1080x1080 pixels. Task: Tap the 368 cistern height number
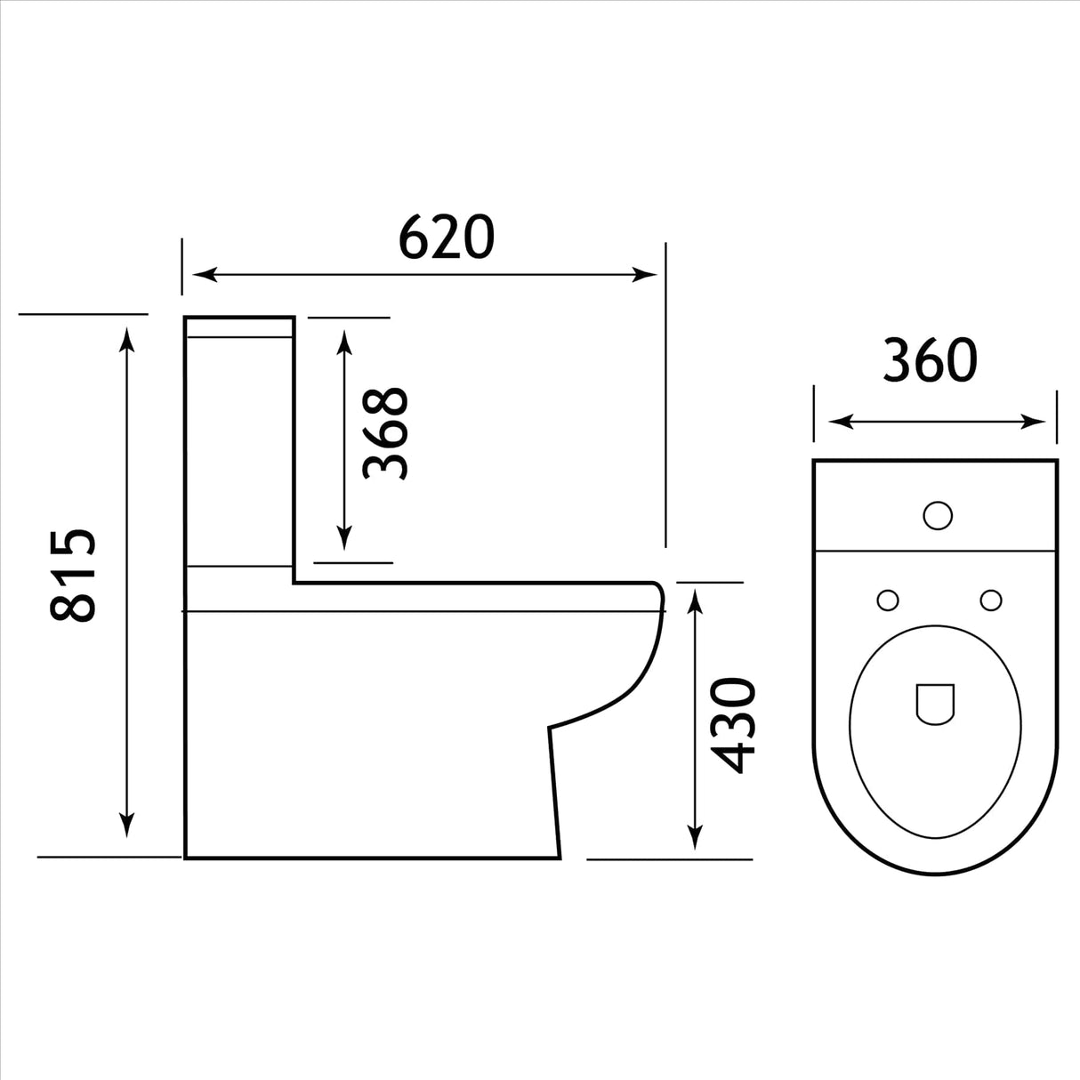(386, 433)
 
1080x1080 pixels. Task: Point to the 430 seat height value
(735, 725)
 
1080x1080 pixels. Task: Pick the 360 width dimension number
(930, 360)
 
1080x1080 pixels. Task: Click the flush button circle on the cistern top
(938, 515)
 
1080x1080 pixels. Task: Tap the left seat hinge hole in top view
(887, 600)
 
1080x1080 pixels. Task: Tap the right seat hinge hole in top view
(990, 600)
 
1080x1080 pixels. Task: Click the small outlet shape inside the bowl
(934, 703)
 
